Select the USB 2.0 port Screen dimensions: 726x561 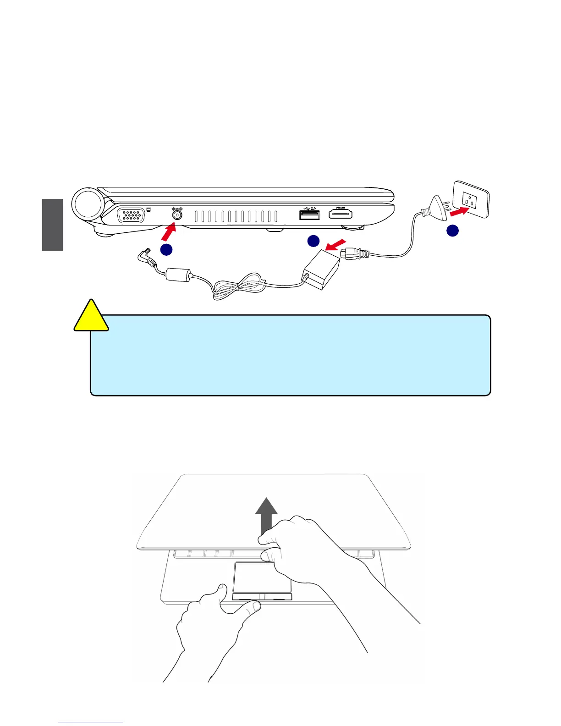pos(309,214)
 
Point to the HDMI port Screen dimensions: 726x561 pos(341,214)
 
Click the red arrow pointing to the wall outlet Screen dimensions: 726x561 pos(459,211)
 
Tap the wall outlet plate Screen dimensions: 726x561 pos(471,199)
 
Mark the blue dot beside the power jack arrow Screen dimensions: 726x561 pos(166,249)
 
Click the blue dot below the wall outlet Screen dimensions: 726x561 pos(452,231)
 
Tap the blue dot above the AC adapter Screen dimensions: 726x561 pos(313,241)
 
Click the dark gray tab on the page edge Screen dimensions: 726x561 pos(52,225)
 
